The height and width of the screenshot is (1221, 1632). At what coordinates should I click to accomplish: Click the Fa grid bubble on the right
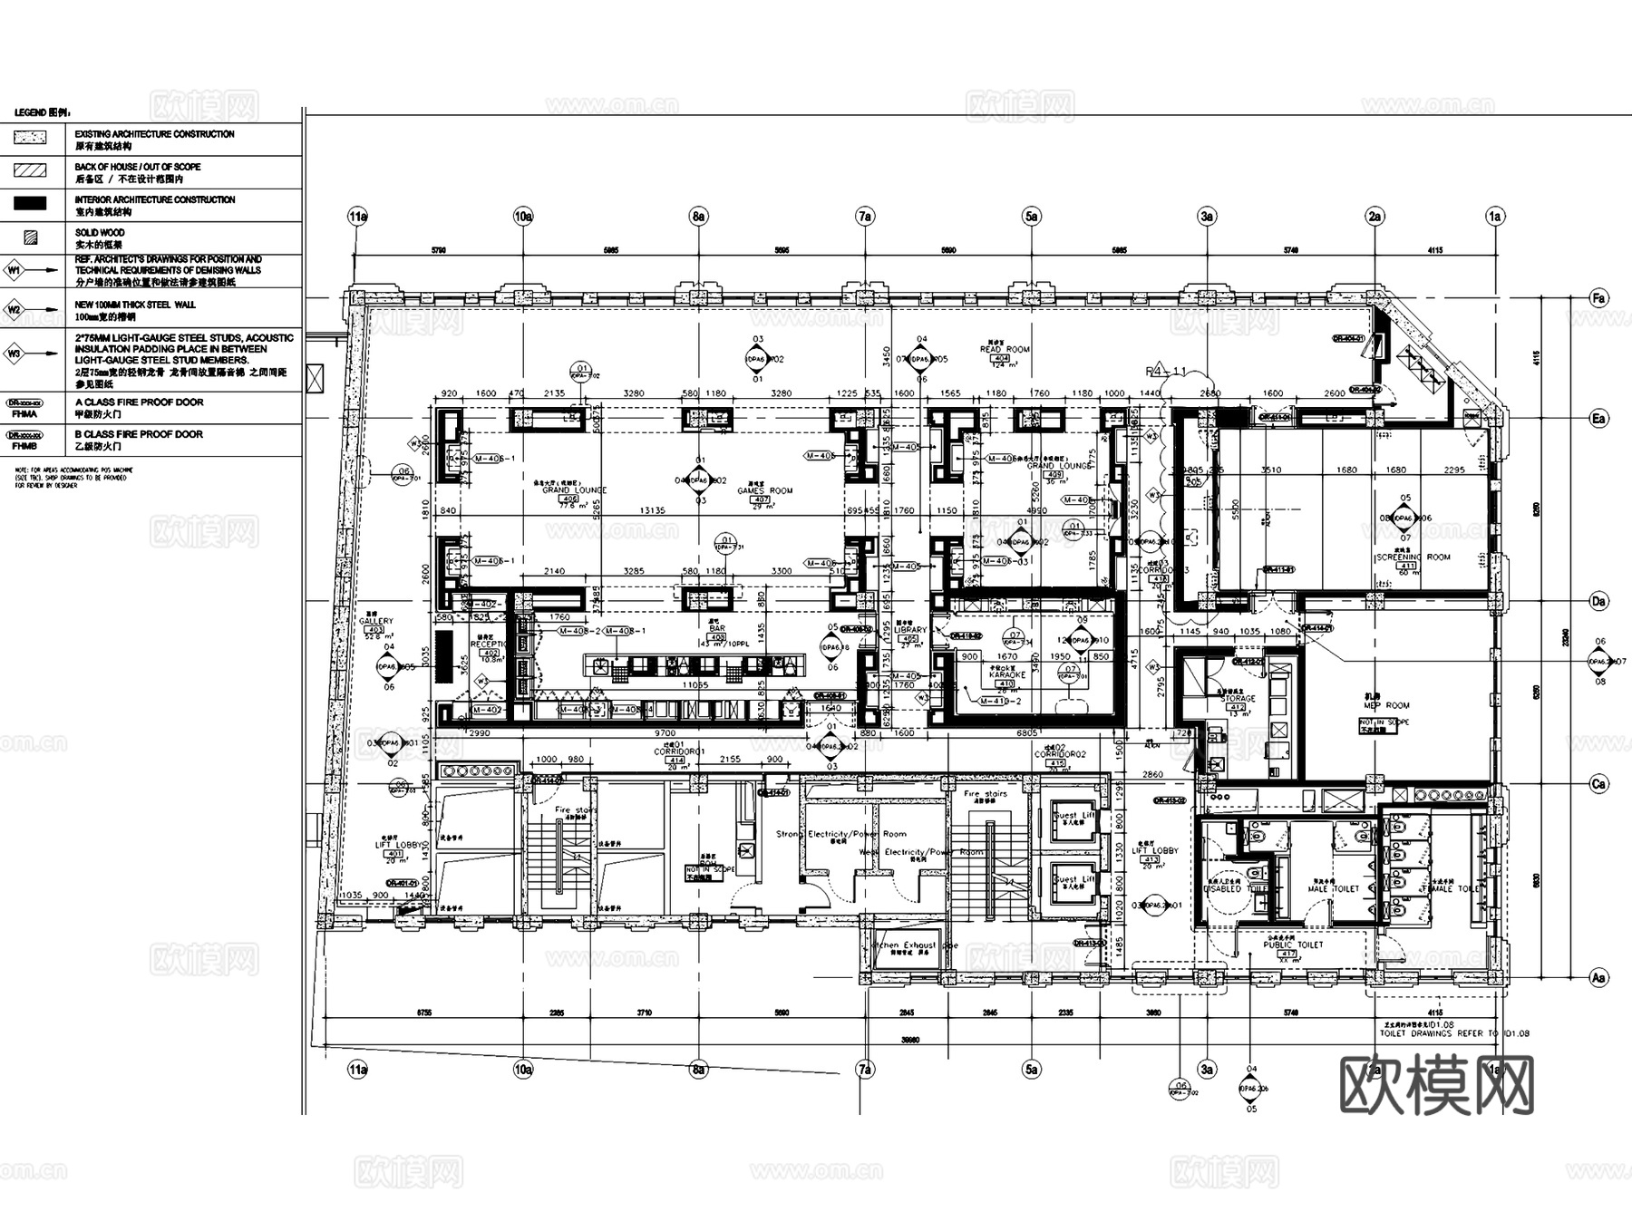[x=1598, y=298]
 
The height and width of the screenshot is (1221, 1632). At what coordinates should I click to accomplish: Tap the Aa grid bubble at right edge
[x=1598, y=977]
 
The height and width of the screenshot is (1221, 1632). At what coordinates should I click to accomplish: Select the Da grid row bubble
[x=1598, y=601]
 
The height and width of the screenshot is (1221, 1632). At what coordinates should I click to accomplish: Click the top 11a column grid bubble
[x=358, y=217]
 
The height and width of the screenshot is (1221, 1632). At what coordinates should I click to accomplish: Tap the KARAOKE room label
[x=1006, y=675]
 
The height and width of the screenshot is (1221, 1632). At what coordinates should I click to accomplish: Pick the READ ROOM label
[x=1005, y=349]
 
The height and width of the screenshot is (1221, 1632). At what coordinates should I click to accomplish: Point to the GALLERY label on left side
[x=376, y=622]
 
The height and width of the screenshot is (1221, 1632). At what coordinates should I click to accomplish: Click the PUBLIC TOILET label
[x=1293, y=945]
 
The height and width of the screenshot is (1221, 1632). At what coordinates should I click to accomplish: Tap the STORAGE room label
[x=1239, y=699]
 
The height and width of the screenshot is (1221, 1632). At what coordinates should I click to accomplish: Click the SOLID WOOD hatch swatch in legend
[x=32, y=238]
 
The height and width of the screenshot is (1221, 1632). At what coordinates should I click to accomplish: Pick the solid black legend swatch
[x=33, y=205]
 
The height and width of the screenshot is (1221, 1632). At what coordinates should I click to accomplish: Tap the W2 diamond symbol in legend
[x=15, y=309]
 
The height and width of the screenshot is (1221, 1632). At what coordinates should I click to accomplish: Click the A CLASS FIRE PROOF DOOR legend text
[x=139, y=402]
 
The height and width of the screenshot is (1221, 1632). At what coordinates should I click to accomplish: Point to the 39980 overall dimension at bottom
[x=909, y=1041]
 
